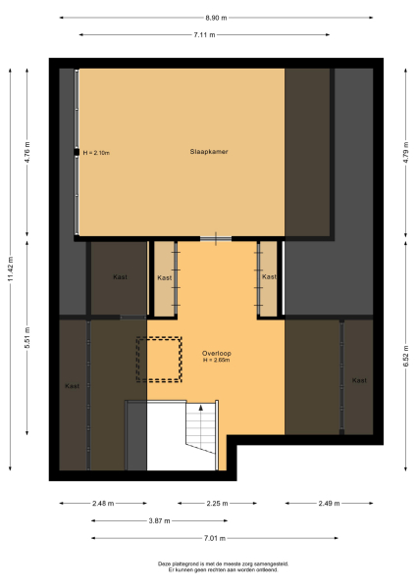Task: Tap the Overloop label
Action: tap(216, 352)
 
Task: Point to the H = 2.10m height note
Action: tap(96, 153)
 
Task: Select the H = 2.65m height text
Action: tap(216, 360)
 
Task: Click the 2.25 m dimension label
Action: tap(216, 504)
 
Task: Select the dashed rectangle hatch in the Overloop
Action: tap(159, 359)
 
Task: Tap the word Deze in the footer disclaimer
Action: tap(163, 563)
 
